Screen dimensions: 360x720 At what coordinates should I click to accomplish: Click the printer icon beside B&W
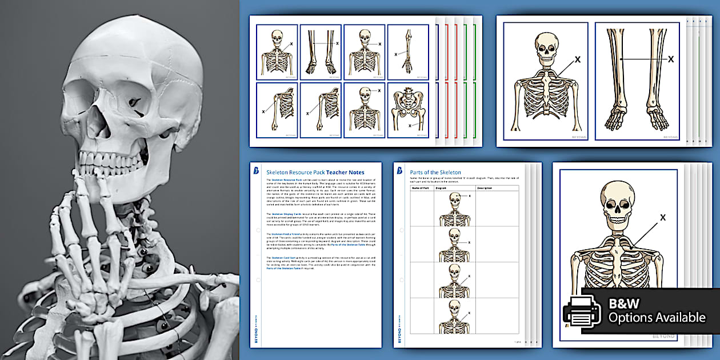pyautogui.click(x=582, y=310)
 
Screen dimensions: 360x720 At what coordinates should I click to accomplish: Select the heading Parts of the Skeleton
pyautogui.click(x=435, y=172)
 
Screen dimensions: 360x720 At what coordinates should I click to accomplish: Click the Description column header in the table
pyautogui.click(x=485, y=187)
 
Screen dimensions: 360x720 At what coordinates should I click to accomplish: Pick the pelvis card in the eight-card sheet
pyautogui.click(x=408, y=111)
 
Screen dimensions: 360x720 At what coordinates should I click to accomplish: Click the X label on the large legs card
pyautogui.click(x=671, y=58)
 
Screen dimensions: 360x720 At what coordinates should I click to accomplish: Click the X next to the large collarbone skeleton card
pyautogui.click(x=577, y=59)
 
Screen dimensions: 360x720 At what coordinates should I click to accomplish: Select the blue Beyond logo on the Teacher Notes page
pyautogui.click(x=256, y=171)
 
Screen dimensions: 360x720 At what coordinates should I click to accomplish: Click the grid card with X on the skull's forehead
pyautogui.click(x=364, y=111)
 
